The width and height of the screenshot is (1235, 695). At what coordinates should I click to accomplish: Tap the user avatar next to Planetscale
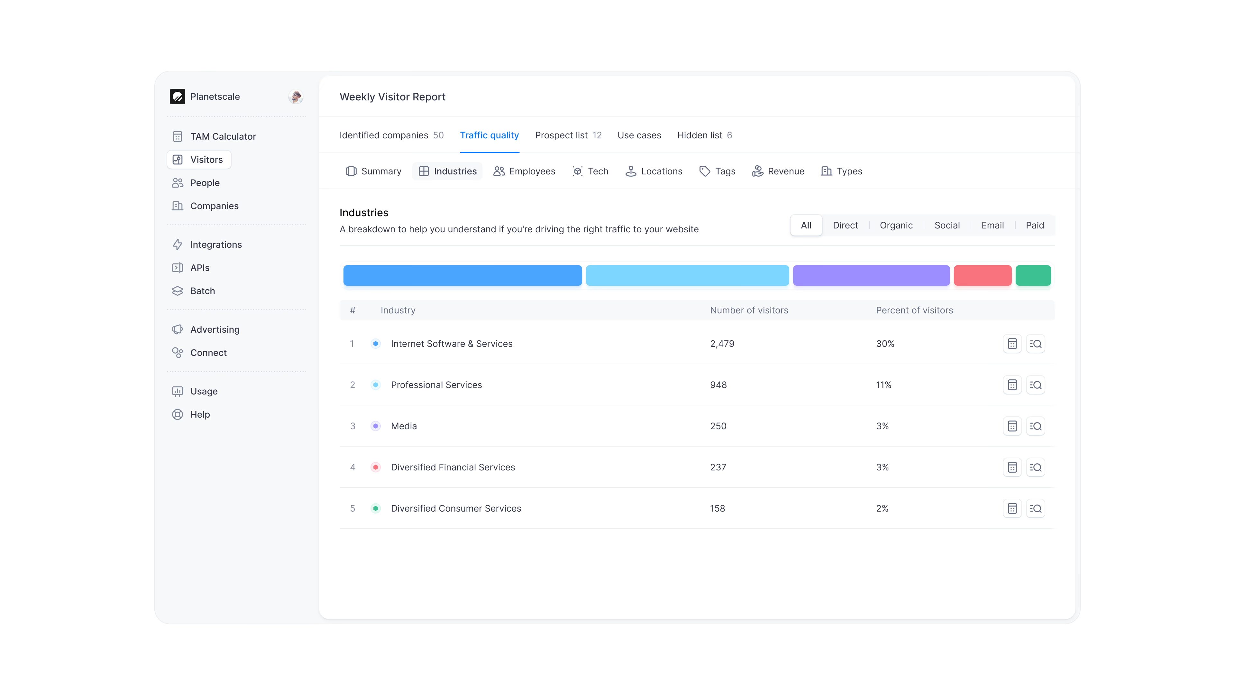click(x=295, y=97)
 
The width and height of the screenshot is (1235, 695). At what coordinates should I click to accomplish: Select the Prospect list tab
click(x=568, y=135)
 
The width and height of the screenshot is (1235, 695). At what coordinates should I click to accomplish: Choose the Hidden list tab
click(x=704, y=135)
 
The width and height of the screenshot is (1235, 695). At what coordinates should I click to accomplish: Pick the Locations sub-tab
click(x=654, y=171)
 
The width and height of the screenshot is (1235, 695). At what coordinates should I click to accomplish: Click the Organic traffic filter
click(x=896, y=226)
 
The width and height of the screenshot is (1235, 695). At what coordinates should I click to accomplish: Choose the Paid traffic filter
click(x=1034, y=226)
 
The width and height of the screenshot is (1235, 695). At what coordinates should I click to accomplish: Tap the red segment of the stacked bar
click(x=982, y=275)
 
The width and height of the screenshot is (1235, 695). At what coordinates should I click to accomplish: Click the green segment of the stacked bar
click(x=1033, y=275)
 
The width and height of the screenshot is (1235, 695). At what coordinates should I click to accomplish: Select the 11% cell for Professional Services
click(x=883, y=385)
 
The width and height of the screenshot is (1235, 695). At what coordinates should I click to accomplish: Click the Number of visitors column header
click(x=748, y=310)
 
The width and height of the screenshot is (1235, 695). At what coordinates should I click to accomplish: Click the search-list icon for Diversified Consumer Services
click(x=1035, y=509)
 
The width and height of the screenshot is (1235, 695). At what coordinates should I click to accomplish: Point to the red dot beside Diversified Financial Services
click(x=375, y=467)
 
